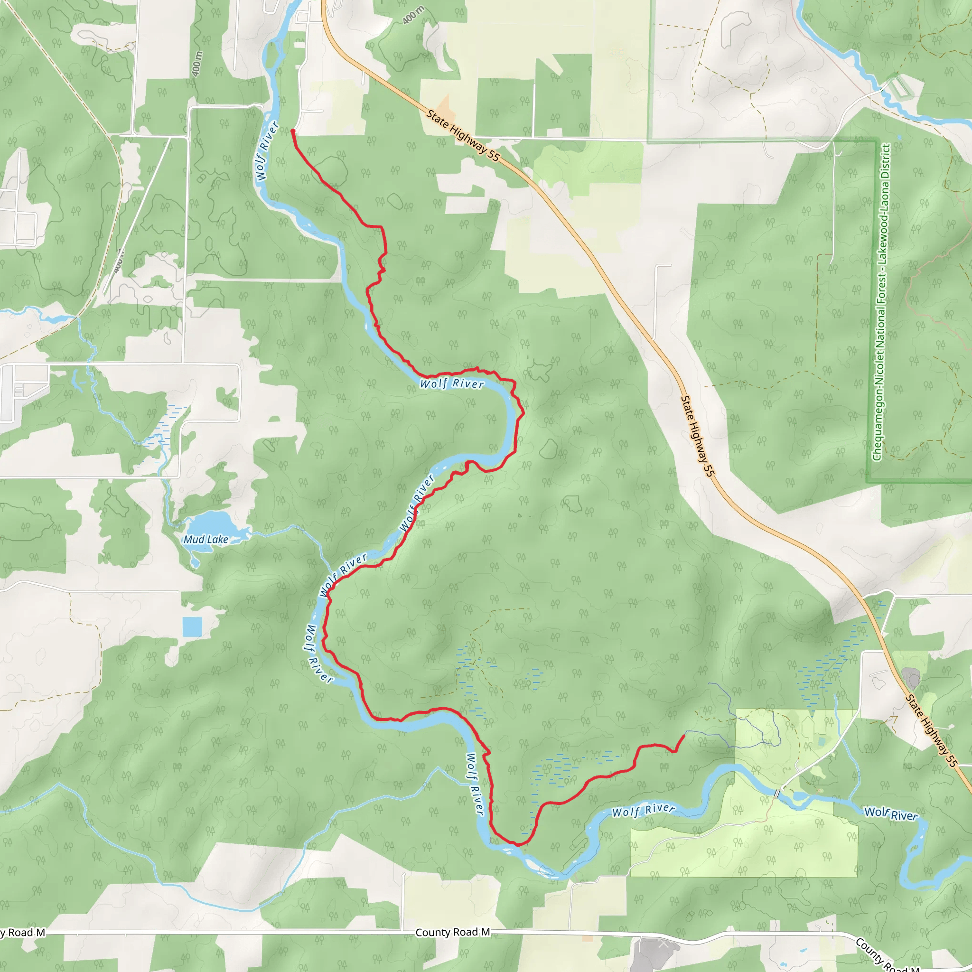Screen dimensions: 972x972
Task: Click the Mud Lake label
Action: tap(206, 539)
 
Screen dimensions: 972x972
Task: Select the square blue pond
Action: tap(192, 626)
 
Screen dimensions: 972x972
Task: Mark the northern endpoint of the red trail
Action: tap(293, 131)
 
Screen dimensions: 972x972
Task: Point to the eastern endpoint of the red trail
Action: tap(684, 736)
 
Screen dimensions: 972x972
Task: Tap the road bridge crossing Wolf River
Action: tap(777, 794)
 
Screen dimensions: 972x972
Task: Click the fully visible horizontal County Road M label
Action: tap(452, 932)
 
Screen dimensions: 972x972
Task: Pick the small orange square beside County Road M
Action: tap(587, 938)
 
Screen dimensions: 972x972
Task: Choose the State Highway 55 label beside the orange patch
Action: tap(463, 135)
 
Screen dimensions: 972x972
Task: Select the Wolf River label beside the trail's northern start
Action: tap(267, 151)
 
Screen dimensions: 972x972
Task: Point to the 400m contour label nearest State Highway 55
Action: tap(413, 15)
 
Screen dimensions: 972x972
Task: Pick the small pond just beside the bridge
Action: tap(800, 796)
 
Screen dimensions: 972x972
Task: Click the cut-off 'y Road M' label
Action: tap(23, 933)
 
